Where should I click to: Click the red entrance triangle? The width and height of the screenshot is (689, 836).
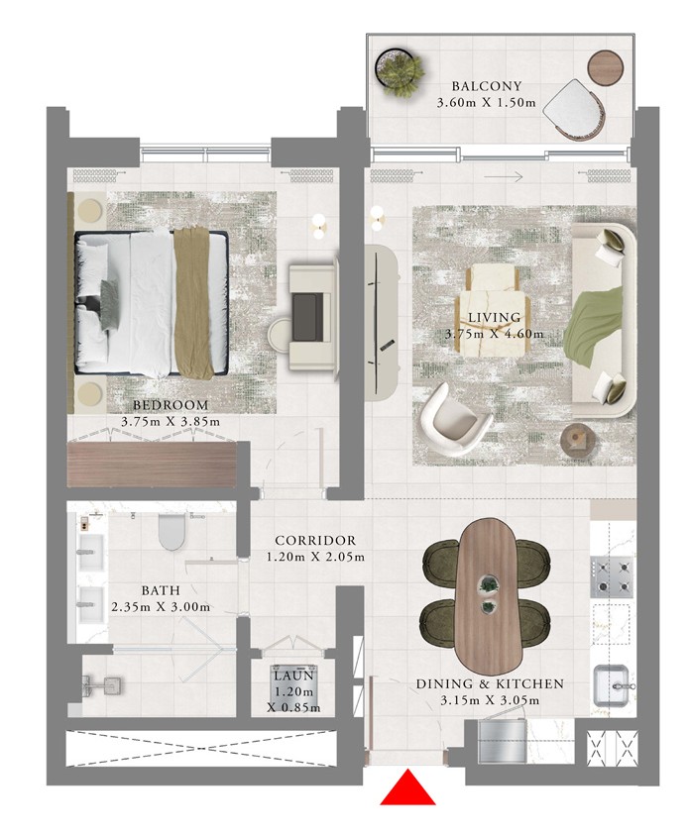click(x=407, y=788)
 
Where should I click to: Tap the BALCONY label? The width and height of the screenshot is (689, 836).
click(x=486, y=86)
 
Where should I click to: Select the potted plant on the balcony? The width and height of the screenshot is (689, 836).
click(x=400, y=73)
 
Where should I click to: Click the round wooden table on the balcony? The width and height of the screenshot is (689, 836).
click(x=605, y=67)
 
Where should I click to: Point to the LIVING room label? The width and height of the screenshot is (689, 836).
click(x=495, y=318)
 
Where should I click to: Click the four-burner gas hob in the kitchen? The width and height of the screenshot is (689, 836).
click(x=612, y=576)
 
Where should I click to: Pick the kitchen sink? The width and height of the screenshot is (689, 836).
click(x=612, y=685)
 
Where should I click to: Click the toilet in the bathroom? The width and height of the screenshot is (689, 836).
click(x=172, y=531)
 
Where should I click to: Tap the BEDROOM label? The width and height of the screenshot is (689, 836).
click(x=171, y=405)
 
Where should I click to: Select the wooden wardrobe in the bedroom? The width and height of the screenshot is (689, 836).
click(x=151, y=464)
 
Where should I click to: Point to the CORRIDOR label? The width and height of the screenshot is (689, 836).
click(x=315, y=541)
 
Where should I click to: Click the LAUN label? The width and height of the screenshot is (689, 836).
click(x=293, y=677)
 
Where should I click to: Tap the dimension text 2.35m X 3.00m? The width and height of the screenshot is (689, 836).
click(x=161, y=607)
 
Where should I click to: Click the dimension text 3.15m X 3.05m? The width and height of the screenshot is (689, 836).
click(x=490, y=700)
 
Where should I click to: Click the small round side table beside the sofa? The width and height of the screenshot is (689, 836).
click(x=577, y=440)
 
